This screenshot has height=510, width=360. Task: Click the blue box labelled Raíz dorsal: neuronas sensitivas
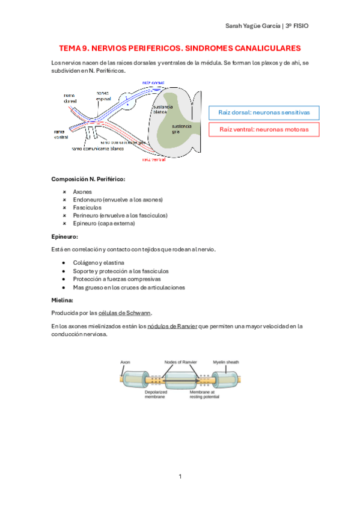[263, 112]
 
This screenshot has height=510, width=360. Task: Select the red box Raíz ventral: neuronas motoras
[263, 129]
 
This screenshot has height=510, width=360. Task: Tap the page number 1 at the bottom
[180, 476]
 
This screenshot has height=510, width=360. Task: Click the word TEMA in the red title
[70, 48]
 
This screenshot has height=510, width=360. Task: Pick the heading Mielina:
[63, 299]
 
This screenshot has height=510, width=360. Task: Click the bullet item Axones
[82, 192]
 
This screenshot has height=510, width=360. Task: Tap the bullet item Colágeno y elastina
[99, 263]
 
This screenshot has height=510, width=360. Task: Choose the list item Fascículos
[87, 207]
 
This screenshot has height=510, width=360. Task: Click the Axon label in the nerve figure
[126, 362]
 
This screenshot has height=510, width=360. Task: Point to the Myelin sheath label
[226, 362]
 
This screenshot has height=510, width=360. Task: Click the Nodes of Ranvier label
[180, 362]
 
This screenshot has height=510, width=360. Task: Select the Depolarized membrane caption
[142, 395]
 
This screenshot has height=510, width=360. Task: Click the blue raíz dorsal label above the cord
[153, 82]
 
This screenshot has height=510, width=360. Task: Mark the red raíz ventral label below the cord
[154, 160]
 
